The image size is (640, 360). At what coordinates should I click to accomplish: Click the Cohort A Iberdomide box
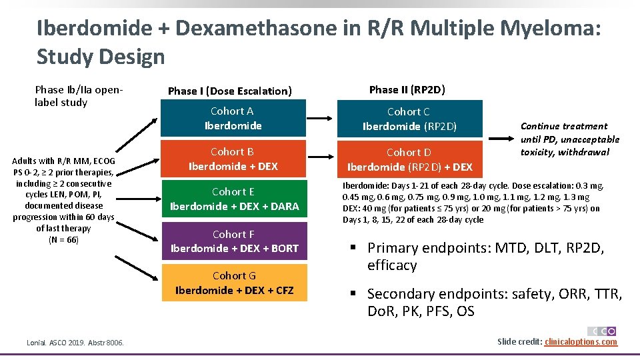(233, 118)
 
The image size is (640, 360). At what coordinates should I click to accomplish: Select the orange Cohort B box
(233, 159)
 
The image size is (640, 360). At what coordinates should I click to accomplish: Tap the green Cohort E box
(234, 199)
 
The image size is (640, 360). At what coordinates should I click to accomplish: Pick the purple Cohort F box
(234, 241)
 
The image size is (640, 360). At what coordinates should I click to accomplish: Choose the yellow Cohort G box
(234, 283)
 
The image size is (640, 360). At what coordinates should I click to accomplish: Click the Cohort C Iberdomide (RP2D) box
(409, 119)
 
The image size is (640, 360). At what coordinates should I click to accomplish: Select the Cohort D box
(409, 159)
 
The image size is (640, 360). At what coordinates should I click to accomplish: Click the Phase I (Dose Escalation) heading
(230, 91)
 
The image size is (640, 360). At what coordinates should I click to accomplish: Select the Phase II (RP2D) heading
(407, 89)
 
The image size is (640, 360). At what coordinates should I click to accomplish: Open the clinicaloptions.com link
(581, 342)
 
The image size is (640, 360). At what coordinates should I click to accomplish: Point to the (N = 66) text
(63, 240)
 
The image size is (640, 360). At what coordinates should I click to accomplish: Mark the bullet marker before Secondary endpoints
(355, 294)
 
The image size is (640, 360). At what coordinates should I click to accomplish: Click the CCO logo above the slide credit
(601, 331)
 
